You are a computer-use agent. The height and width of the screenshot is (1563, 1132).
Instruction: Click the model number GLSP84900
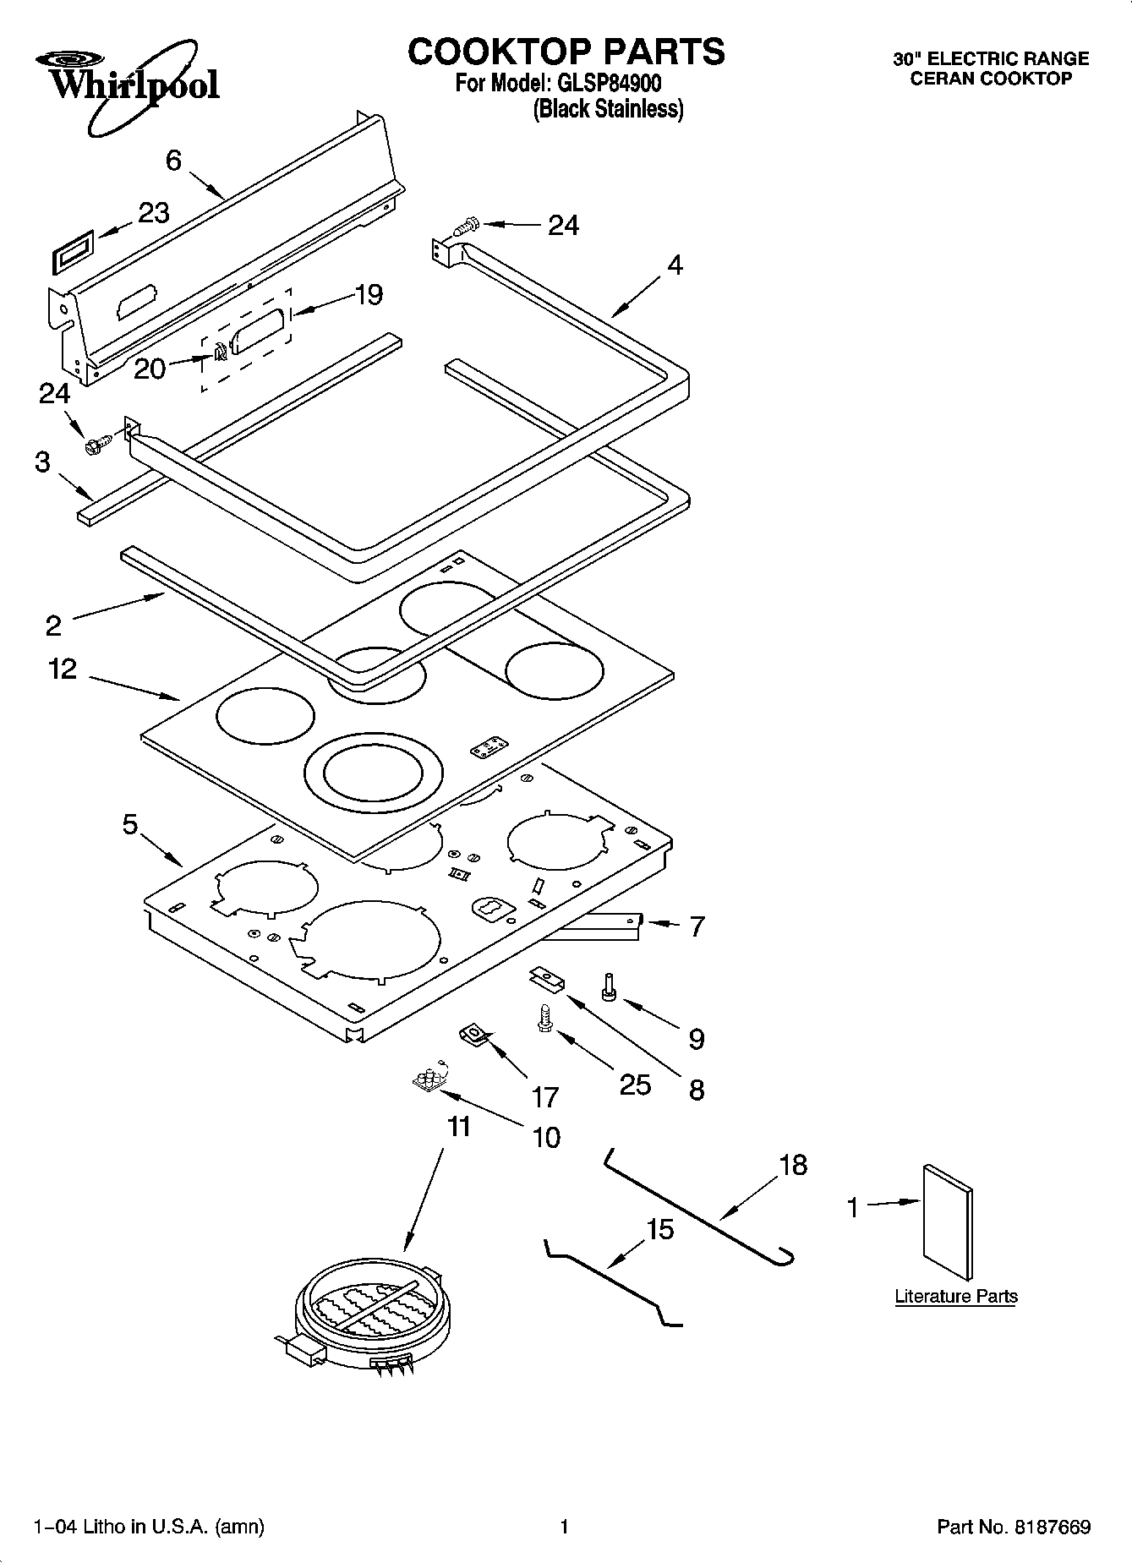pos(608,84)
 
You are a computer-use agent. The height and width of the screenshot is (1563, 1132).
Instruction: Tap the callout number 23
pos(153,213)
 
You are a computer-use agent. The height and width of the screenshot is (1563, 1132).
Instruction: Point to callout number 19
pos(368,295)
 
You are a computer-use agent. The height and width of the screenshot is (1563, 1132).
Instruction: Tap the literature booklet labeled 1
pos(948,1223)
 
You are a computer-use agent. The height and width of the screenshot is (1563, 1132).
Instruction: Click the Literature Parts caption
pos(955,1297)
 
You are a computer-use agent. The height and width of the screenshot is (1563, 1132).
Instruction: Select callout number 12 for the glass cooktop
pos(63,669)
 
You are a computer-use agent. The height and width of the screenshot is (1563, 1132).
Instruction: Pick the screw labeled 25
pos(544,1017)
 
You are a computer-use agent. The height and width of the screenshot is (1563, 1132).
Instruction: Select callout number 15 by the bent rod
pos(660,1228)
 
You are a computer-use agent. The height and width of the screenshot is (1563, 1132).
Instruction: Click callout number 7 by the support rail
pos(696,926)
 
